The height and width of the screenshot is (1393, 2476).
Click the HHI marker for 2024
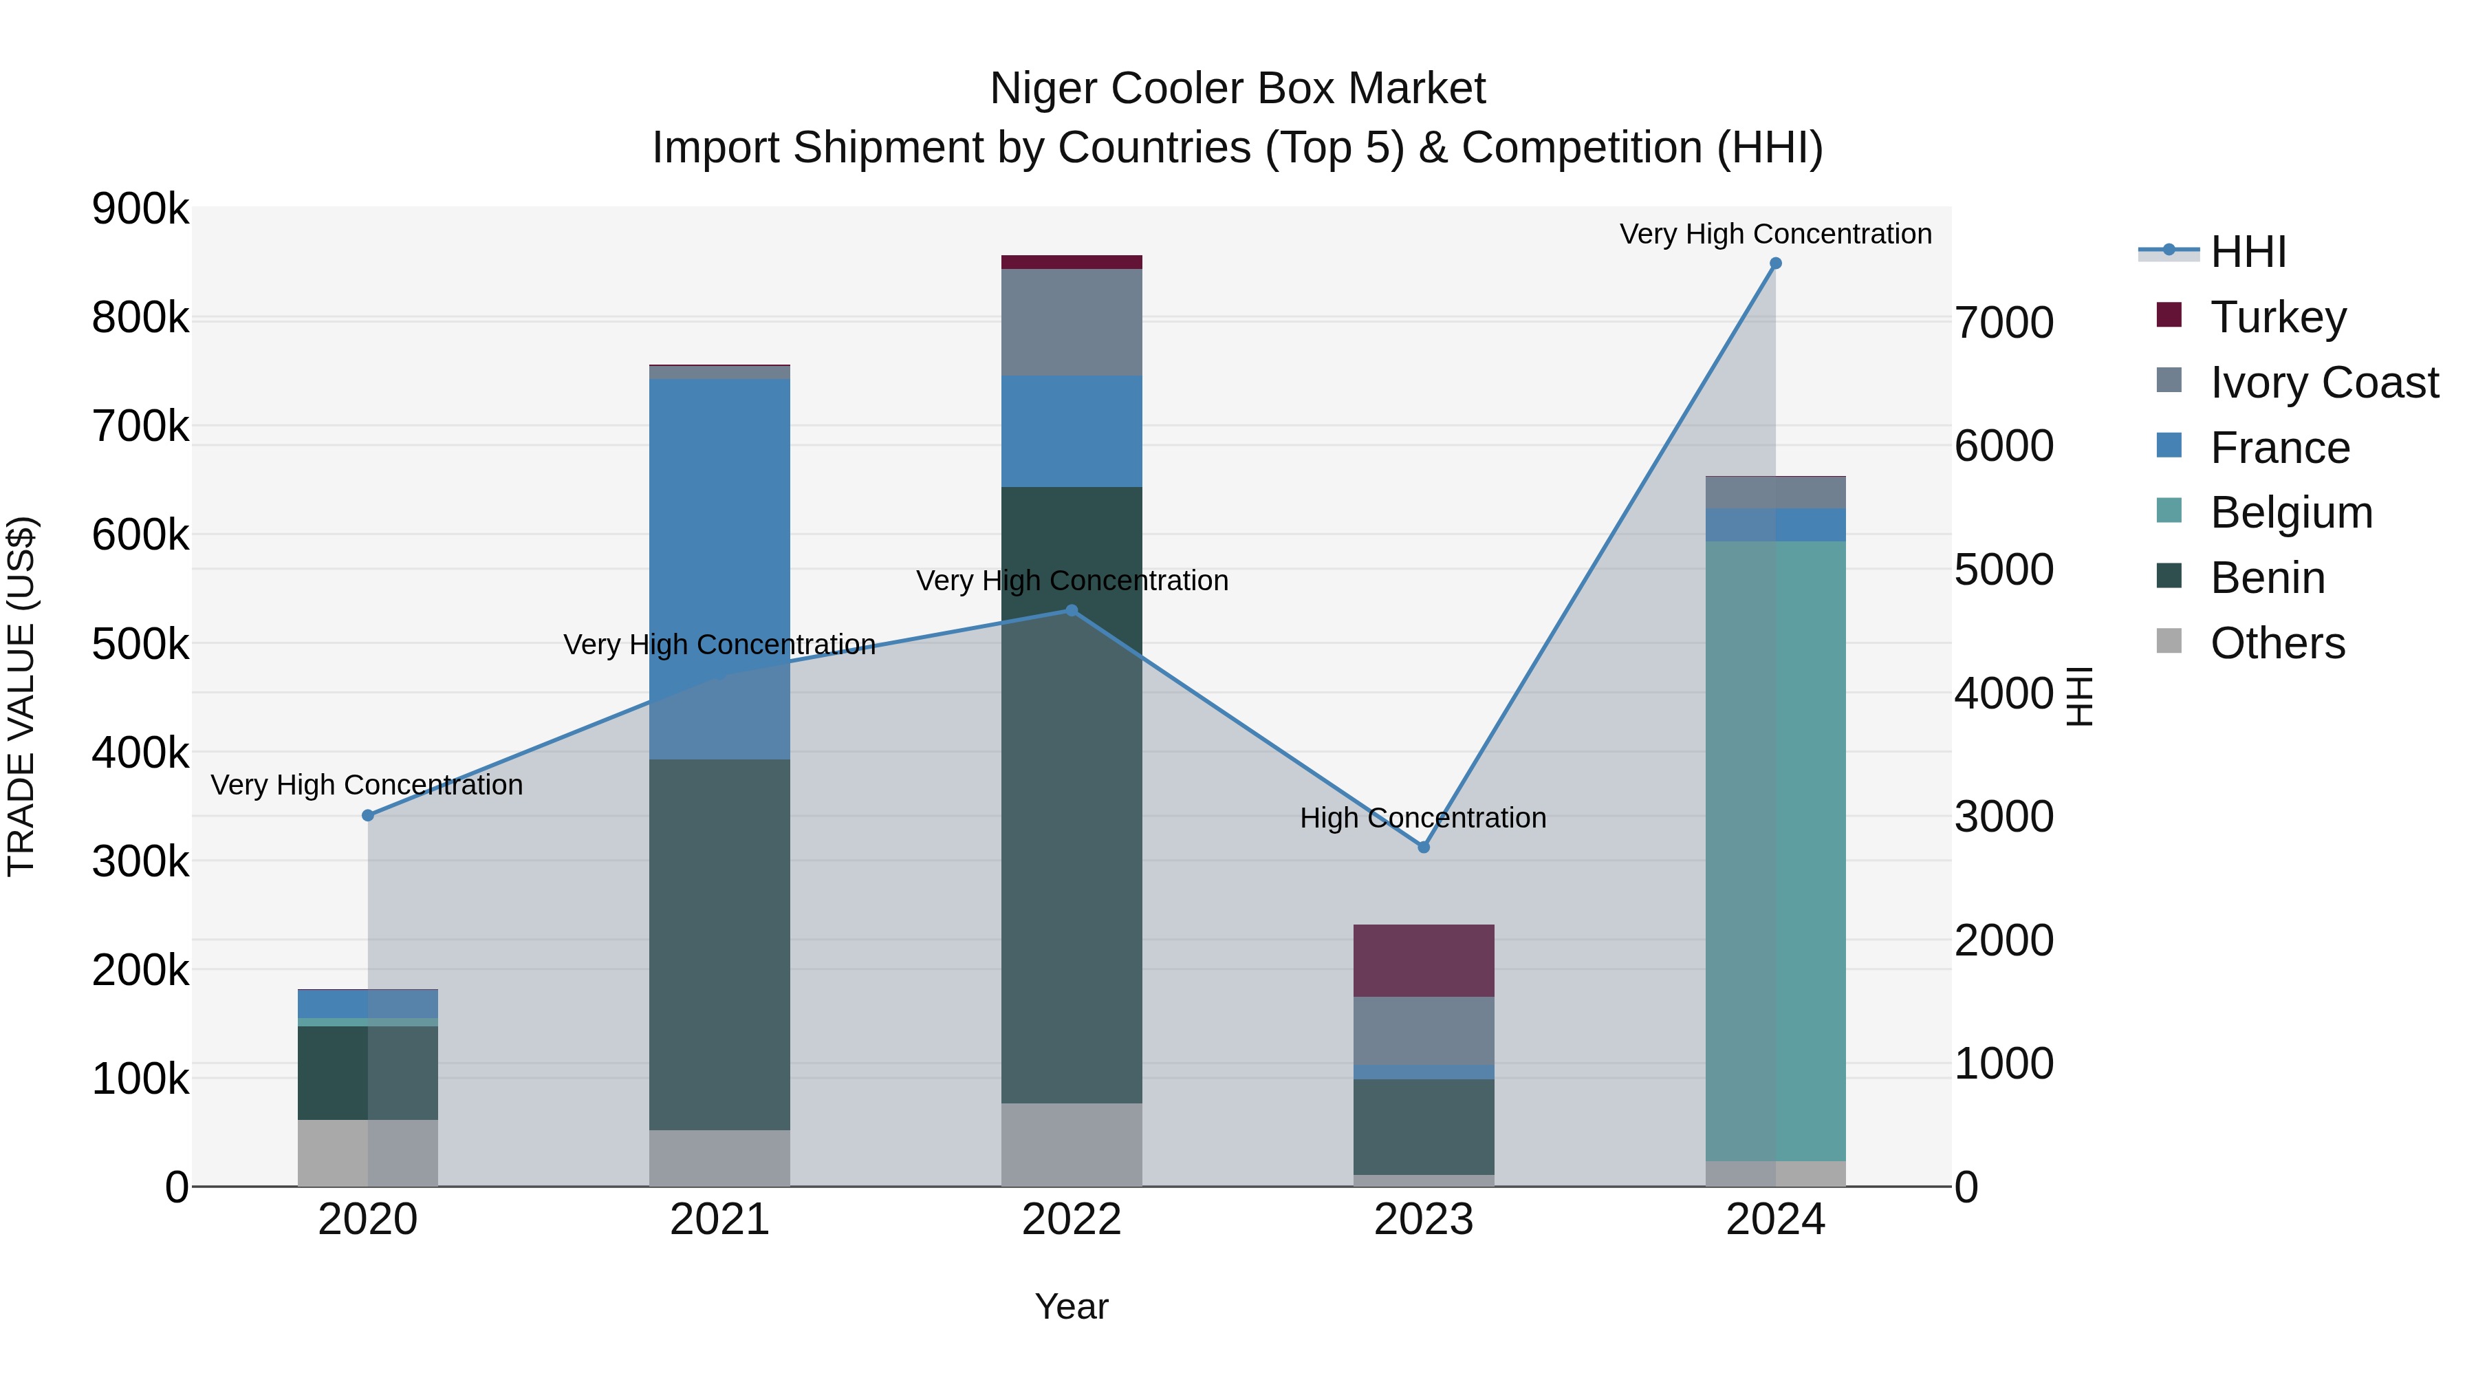point(1775,263)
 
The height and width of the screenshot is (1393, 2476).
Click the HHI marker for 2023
point(1424,847)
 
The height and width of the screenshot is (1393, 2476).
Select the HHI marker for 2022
point(1072,610)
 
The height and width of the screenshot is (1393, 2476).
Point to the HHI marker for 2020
point(368,815)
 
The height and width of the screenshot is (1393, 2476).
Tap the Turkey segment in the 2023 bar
point(1424,960)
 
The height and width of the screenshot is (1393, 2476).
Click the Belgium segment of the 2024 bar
point(1775,851)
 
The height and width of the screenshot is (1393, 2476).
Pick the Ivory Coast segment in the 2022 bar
point(1072,322)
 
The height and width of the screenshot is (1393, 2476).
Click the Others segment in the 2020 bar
point(368,1153)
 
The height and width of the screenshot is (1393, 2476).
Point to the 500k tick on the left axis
point(140,644)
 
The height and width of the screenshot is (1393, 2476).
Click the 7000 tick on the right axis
point(2005,323)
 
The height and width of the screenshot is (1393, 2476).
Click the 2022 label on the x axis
point(1072,1220)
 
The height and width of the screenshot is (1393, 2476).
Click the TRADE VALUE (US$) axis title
point(22,696)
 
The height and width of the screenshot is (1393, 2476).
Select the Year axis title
point(1072,1306)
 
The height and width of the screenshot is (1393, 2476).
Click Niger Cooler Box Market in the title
point(1237,89)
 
